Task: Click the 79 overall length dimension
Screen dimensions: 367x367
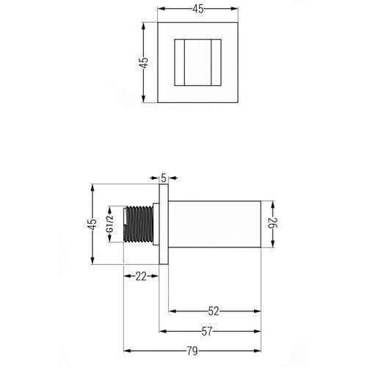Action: click(192, 351)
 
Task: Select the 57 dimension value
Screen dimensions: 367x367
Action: click(207, 332)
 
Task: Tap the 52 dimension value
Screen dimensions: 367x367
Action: click(214, 311)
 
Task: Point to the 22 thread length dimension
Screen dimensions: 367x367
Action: click(141, 276)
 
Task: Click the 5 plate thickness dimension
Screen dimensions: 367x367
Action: click(164, 178)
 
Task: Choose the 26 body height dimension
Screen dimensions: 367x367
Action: click(272, 223)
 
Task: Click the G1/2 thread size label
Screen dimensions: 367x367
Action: click(109, 224)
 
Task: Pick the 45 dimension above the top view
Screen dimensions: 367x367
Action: click(198, 9)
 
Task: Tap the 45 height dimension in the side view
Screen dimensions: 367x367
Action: click(92, 224)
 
